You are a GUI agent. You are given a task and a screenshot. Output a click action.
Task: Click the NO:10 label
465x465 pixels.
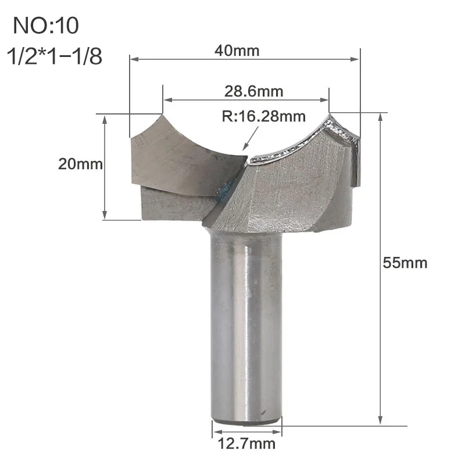(x=46, y=26)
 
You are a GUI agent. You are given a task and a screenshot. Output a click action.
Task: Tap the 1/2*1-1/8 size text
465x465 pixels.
(x=55, y=56)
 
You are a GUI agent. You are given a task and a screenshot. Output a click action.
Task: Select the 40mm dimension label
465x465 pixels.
(x=237, y=51)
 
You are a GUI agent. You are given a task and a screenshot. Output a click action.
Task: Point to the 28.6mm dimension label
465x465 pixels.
(x=253, y=91)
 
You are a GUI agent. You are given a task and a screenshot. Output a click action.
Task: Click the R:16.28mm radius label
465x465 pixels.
(x=264, y=116)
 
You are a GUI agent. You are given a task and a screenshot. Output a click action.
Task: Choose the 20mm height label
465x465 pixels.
(x=80, y=164)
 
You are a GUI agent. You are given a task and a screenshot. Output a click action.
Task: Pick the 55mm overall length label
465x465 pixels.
(x=405, y=263)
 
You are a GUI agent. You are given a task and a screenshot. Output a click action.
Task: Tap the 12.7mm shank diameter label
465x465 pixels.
(x=246, y=443)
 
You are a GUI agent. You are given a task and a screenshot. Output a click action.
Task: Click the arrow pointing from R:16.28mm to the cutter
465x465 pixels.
(x=251, y=138)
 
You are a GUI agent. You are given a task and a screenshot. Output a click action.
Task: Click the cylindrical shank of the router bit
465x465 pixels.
(x=246, y=326)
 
